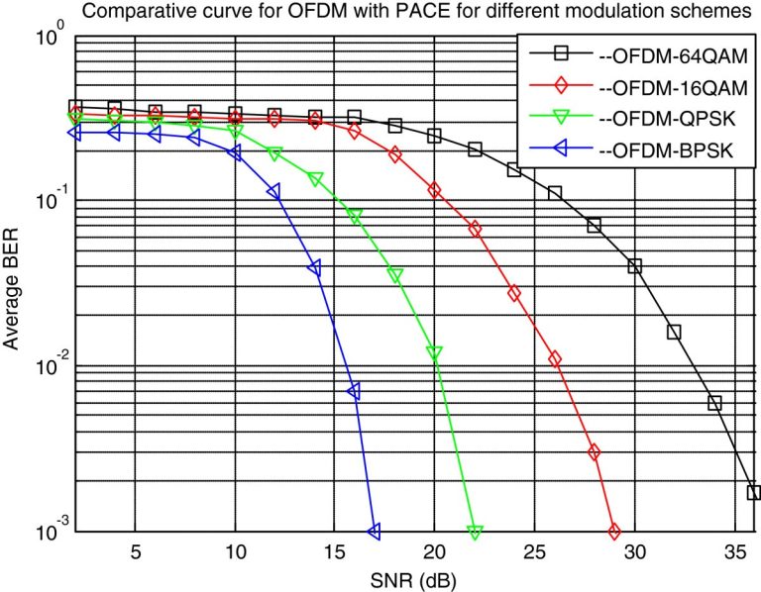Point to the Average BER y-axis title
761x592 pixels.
tap(13, 287)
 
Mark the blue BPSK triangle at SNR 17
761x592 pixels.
tap(375, 533)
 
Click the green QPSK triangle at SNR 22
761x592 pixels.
tap(475, 533)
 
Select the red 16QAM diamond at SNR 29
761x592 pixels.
tap(614, 533)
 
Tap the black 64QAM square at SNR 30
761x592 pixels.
tap(634, 266)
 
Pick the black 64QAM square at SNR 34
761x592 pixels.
tap(714, 403)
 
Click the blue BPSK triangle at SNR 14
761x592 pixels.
tap(315, 268)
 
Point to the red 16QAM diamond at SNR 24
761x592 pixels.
tap(514, 293)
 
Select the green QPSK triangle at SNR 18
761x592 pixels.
tap(394, 275)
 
